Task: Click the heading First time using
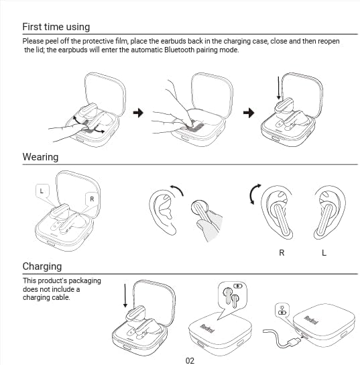coord(56,27)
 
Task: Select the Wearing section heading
coord(40,157)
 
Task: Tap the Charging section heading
coord(42,266)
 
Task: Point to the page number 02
coord(190,360)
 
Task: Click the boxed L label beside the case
coord(41,191)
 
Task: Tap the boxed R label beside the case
coord(91,199)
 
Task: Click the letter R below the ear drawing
coord(282,253)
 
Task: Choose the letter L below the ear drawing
coord(324,253)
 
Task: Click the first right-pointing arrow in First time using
coord(139,113)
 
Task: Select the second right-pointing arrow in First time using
coord(250,113)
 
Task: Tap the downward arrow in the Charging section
coord(125,296)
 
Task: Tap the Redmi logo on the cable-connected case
coord(311,319)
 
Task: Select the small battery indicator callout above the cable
coord(282,310)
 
